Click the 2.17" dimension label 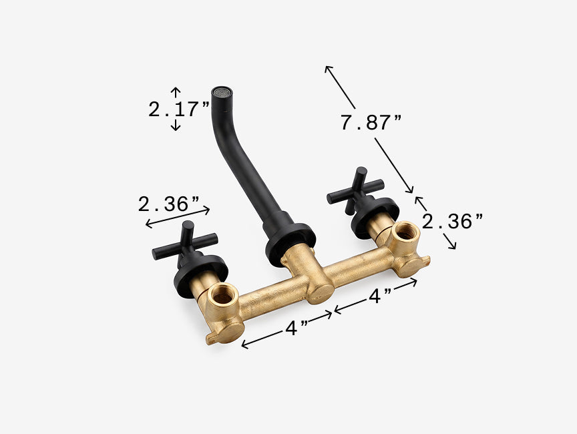179,110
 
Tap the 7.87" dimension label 371,123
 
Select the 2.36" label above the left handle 169,204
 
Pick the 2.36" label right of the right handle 452,222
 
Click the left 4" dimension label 297,328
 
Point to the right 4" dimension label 380,296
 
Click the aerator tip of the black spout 222,92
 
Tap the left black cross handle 185,244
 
